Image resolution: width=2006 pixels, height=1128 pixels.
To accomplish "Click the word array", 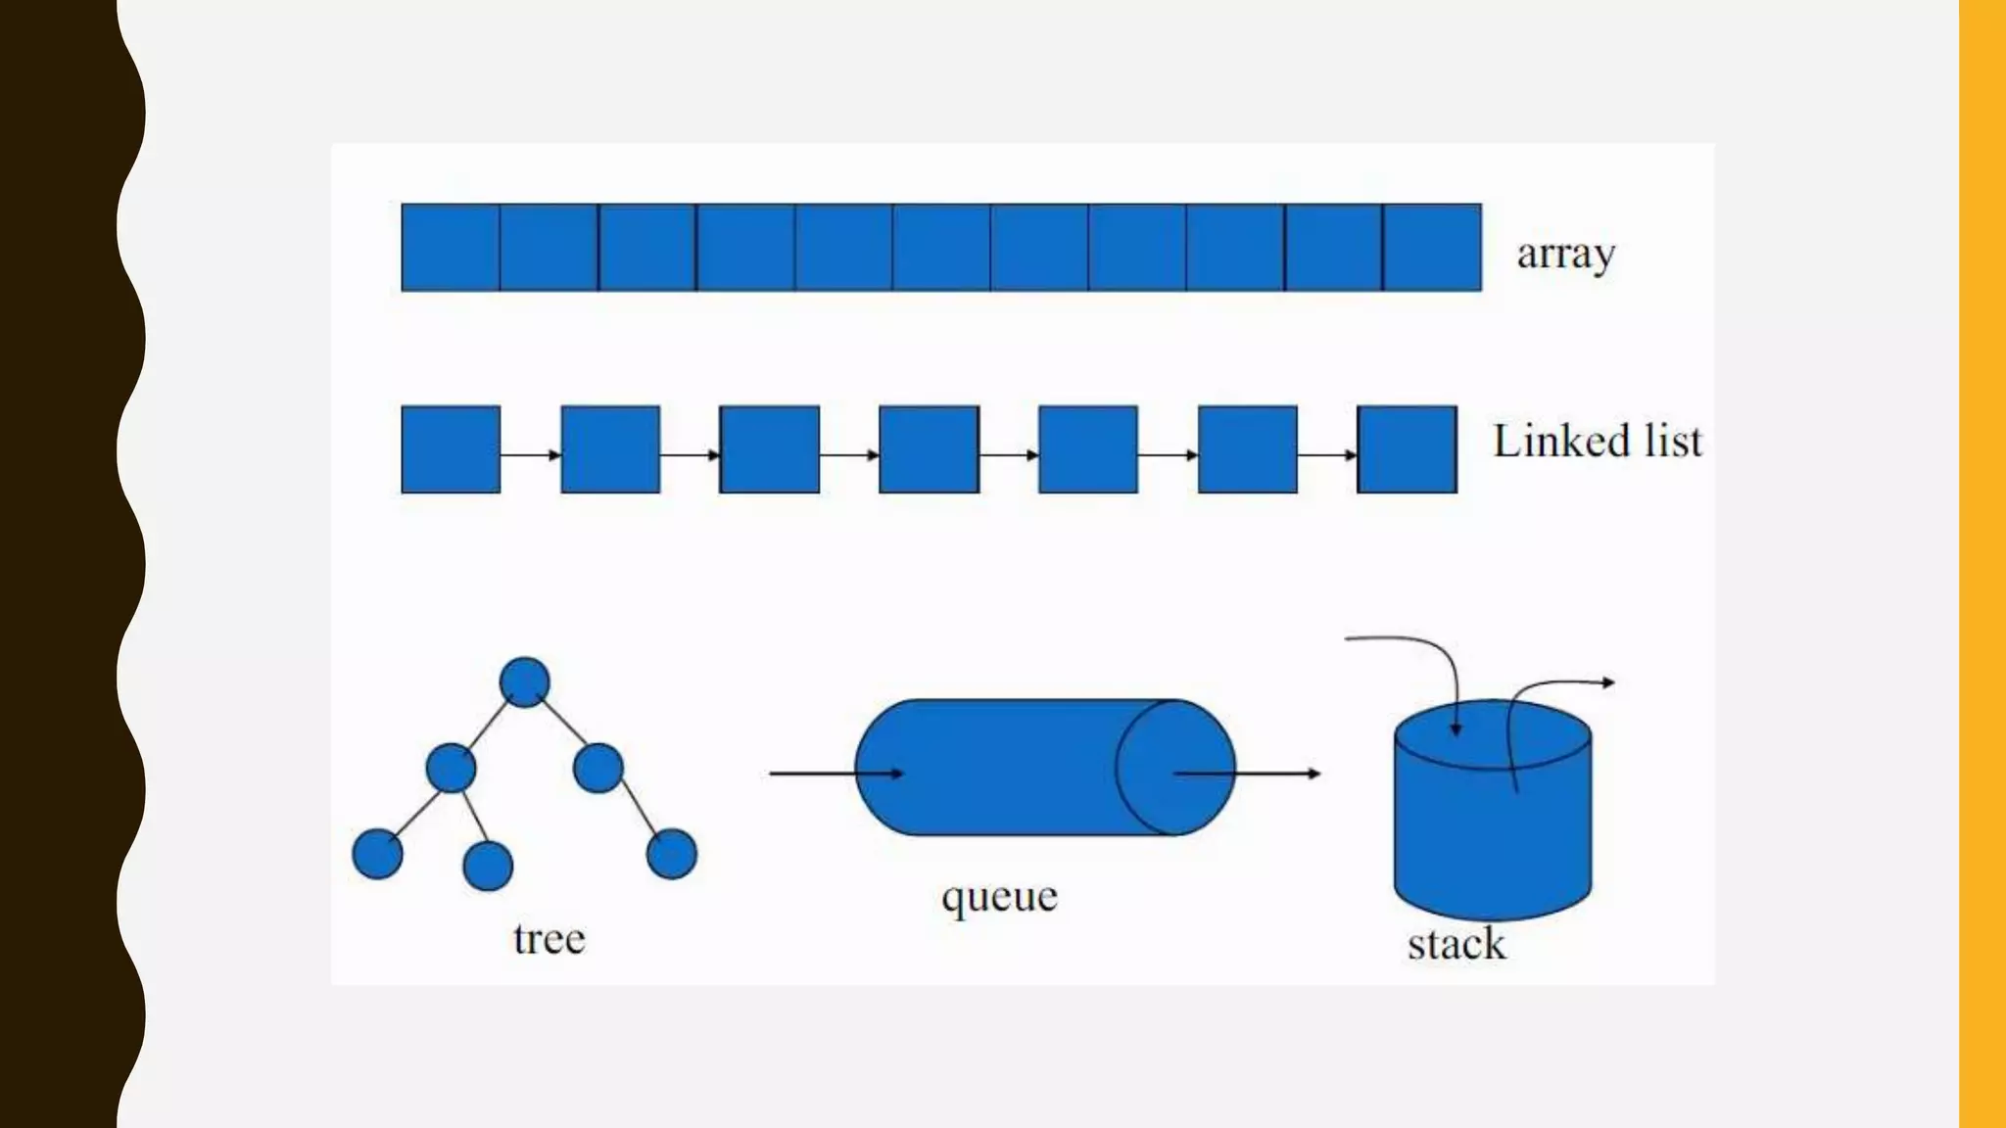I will coord(1565,255).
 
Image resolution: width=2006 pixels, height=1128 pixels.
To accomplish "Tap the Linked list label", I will coord(1597,442).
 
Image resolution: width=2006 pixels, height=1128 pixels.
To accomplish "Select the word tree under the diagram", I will coord(549,939).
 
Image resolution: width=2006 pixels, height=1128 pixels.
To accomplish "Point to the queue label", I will coord(999,897).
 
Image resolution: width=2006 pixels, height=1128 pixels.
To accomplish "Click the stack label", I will coord(1457,945).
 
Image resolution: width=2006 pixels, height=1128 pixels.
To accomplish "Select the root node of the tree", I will coord(524,682).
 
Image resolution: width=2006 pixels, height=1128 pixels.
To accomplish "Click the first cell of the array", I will coord(451,248).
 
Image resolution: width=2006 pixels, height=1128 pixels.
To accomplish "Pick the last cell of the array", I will coord(1432,248).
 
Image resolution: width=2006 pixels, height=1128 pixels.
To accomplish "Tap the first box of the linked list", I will coord(451,449).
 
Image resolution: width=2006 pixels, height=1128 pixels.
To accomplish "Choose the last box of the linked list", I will coord(1407,449).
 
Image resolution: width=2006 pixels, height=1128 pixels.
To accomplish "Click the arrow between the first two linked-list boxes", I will coord(530,454).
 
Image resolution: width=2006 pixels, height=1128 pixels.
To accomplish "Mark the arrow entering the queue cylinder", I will coord(835,774).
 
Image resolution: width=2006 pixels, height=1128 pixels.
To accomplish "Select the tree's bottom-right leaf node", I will coord(672,854).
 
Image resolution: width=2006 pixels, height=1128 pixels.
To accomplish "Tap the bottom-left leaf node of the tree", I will coord(377,854).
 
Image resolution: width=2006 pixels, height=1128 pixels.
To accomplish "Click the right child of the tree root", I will coord(598,768).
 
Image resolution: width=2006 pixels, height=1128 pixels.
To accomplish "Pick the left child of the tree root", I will coord(451,768).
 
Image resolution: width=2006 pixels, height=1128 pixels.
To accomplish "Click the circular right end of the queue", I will coord(1175,768).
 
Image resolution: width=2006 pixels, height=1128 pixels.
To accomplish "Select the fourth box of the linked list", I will coord(929,449).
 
